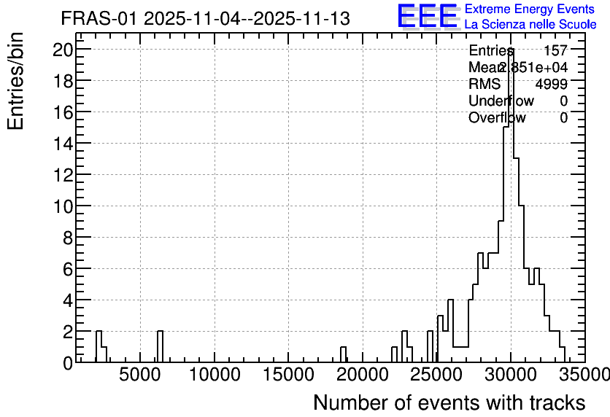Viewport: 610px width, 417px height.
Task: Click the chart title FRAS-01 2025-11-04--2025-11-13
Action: coord(206,19)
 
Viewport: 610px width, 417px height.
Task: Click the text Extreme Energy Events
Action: coord(530,9)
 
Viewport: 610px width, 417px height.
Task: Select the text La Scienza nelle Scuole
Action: coord(530,24)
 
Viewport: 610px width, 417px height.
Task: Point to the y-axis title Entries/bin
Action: coord(16,81)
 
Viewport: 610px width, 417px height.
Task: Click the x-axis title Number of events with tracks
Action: coord(449,402)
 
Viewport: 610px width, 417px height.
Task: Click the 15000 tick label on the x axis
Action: coord(288,375)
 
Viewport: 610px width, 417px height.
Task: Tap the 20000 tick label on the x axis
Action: coord(363,375)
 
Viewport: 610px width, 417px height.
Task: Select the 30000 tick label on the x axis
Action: coord(511,375)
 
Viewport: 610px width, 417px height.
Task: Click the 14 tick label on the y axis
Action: coord(63,144)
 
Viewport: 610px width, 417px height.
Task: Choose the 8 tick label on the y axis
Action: coord(68,238)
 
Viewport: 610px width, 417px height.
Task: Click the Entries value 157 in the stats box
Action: coord(555,50)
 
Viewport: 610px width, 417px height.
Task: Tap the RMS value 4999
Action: coord(552,84)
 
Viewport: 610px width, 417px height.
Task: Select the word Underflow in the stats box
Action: coord(501,101)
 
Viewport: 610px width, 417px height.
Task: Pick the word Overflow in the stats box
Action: coord(497,117)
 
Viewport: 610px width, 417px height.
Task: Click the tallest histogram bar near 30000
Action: coord(511,206)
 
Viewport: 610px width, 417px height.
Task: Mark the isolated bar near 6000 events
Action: coord(160,347)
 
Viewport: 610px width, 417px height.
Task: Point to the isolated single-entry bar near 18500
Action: coord(343,354)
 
